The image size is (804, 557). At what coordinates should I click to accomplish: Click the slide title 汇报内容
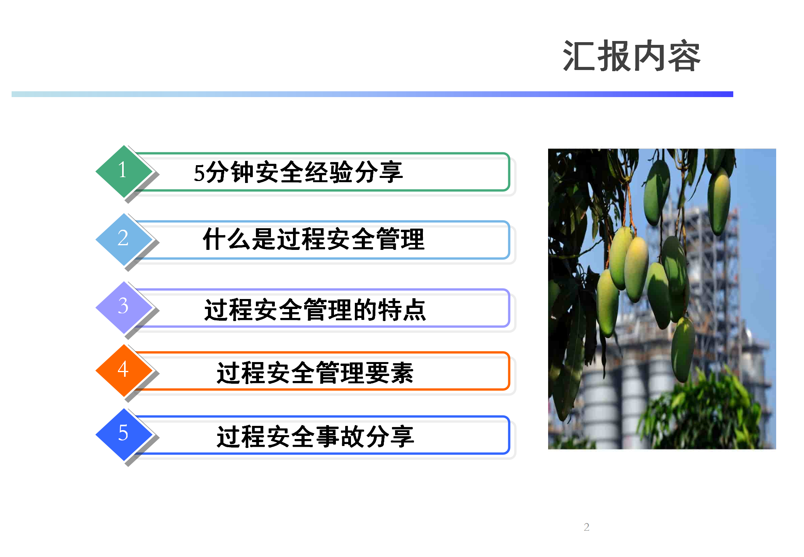pos(632,56)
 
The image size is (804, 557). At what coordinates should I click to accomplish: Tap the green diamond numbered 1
pos(124,172)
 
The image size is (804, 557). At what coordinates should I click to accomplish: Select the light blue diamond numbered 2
pos(124,240)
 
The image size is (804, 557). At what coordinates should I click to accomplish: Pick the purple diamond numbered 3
pos(124,308)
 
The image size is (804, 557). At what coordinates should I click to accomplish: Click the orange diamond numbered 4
pos(124,371)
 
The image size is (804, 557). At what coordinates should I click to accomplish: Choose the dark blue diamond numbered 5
pos(124,435)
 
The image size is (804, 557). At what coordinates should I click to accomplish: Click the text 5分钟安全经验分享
pos(298,172)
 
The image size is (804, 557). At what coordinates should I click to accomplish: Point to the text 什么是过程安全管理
pos(314,239)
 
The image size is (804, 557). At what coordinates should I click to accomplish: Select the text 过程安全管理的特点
pos(315,310)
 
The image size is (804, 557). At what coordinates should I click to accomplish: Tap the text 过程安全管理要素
pos(315,373)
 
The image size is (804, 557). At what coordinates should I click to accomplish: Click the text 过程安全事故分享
pos(315,437)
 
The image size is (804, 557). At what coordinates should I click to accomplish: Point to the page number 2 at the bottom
pos(586,527)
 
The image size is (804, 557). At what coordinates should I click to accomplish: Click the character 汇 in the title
pos(580,56)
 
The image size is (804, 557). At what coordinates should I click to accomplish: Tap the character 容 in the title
pos(684,56)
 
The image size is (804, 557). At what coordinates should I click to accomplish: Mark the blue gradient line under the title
pos(372,94)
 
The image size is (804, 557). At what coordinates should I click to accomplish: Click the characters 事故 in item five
pos(340,437)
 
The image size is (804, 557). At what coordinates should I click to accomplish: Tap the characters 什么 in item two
pos(227,239)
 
